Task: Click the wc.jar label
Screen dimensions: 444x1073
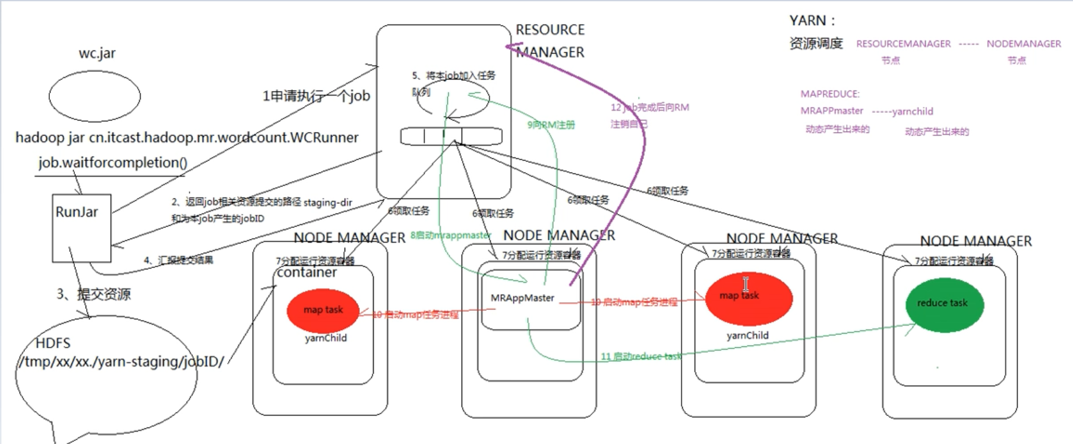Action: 97,53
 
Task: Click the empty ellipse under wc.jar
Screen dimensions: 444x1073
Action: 94,96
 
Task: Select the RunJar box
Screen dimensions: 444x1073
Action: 81,228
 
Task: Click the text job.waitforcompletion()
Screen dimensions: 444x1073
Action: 113,162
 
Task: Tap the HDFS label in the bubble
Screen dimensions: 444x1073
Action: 52,343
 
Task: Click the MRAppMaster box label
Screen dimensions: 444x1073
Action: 522,298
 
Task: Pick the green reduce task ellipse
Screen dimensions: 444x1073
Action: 944,304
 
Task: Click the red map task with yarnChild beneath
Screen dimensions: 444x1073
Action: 748,297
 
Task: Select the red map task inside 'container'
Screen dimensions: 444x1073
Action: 323,310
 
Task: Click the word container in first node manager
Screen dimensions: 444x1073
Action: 307,272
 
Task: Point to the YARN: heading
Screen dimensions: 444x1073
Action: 812,21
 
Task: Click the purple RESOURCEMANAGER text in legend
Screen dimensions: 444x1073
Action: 903,44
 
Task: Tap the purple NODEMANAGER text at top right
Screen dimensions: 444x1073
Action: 1023,44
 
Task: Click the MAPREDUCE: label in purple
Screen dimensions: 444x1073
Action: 829,94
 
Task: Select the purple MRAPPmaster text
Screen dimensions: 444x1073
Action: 831,111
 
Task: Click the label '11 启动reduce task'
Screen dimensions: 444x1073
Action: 641,357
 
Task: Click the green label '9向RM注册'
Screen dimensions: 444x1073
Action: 551,125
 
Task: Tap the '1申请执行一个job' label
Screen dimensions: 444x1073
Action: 316,96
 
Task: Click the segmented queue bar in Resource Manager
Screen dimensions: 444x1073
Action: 451,137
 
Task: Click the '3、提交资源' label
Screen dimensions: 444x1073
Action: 93,294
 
